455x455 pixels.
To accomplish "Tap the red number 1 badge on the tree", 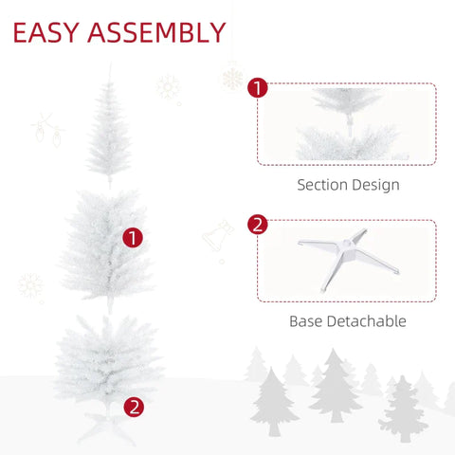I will pyautogui.click(x=133, y=237).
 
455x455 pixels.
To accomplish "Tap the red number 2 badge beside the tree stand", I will pyautogui.click(x=135, y=407).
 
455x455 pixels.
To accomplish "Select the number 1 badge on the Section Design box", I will pyautogui.click(x=257, y=89).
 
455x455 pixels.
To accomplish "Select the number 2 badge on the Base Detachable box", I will pyautogui.click(x=257, y=225).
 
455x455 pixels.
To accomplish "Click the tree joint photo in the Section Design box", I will pyautogui.click(x=346, y=123).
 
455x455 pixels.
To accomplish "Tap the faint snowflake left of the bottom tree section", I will pyautogui.click(x=31, y=285).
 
